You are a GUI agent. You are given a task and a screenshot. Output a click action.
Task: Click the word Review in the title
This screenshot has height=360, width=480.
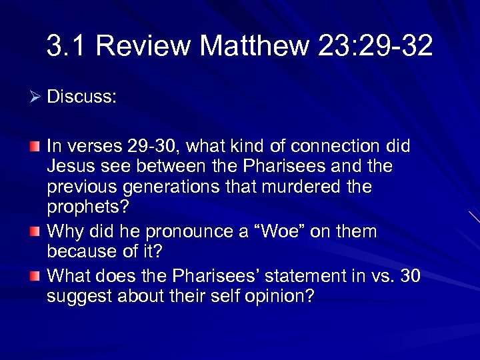coord(143,46)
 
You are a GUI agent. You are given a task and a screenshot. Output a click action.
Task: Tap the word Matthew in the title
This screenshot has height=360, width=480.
coord(255,46)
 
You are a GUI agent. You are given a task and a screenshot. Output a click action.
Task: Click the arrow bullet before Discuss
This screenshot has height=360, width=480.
coord(36,98)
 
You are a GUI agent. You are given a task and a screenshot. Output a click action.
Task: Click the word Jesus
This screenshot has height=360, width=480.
coord(68,166)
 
